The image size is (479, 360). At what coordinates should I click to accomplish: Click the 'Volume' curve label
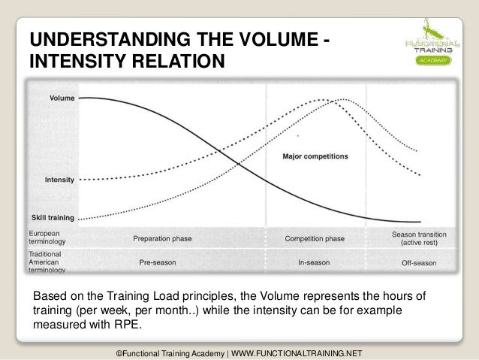tap(62, 98)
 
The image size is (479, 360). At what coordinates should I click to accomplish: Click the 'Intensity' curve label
tap(59, 180)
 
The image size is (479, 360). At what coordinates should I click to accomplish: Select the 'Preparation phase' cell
tap(162, 238)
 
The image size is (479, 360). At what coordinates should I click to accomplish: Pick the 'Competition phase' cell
tap(315, 238)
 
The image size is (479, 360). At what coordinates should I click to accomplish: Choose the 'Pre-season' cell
tap(158, 263)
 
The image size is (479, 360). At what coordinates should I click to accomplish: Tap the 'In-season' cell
tap(315, 263)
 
